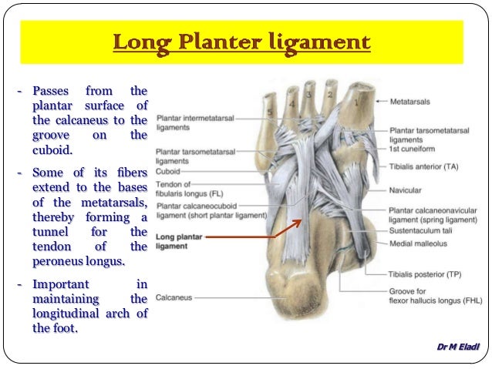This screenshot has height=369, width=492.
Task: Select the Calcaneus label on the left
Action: [x=174, y=297]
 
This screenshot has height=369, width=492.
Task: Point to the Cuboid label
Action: [x=167, y=172]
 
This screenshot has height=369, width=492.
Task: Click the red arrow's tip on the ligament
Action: [x=302, y=220]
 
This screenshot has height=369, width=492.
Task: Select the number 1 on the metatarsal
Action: [x=356, y=99]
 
